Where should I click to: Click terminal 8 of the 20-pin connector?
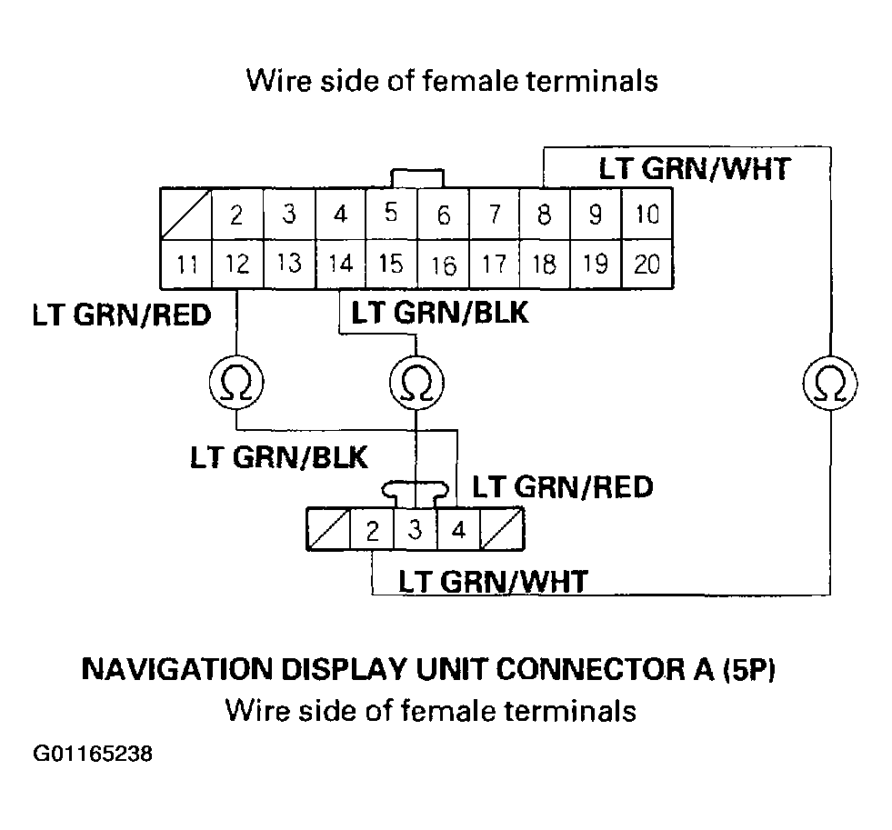[544, 215]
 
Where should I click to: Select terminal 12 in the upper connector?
[237, 265]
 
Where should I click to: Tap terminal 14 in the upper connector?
[340, 265]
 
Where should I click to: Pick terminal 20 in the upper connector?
[646, 265]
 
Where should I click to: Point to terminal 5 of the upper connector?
[391, 214]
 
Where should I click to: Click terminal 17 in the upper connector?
[494, 265]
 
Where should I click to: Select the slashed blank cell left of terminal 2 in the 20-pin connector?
[185, 214]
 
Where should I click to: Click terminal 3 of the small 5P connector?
[416, 530]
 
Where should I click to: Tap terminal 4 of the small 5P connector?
[459, 530]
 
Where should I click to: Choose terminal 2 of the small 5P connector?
[372, 530]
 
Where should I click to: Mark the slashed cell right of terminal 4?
[503, 530]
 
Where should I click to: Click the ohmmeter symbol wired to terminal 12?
[236, 384]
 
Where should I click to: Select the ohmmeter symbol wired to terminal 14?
[416, 384]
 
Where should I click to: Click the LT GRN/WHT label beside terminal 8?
[693, 169]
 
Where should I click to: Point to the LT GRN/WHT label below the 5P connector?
[494, 581]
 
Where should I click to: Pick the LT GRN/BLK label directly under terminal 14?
[440, 314]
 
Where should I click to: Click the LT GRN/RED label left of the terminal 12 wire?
[121, 315]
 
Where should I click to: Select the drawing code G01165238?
[93, 755]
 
